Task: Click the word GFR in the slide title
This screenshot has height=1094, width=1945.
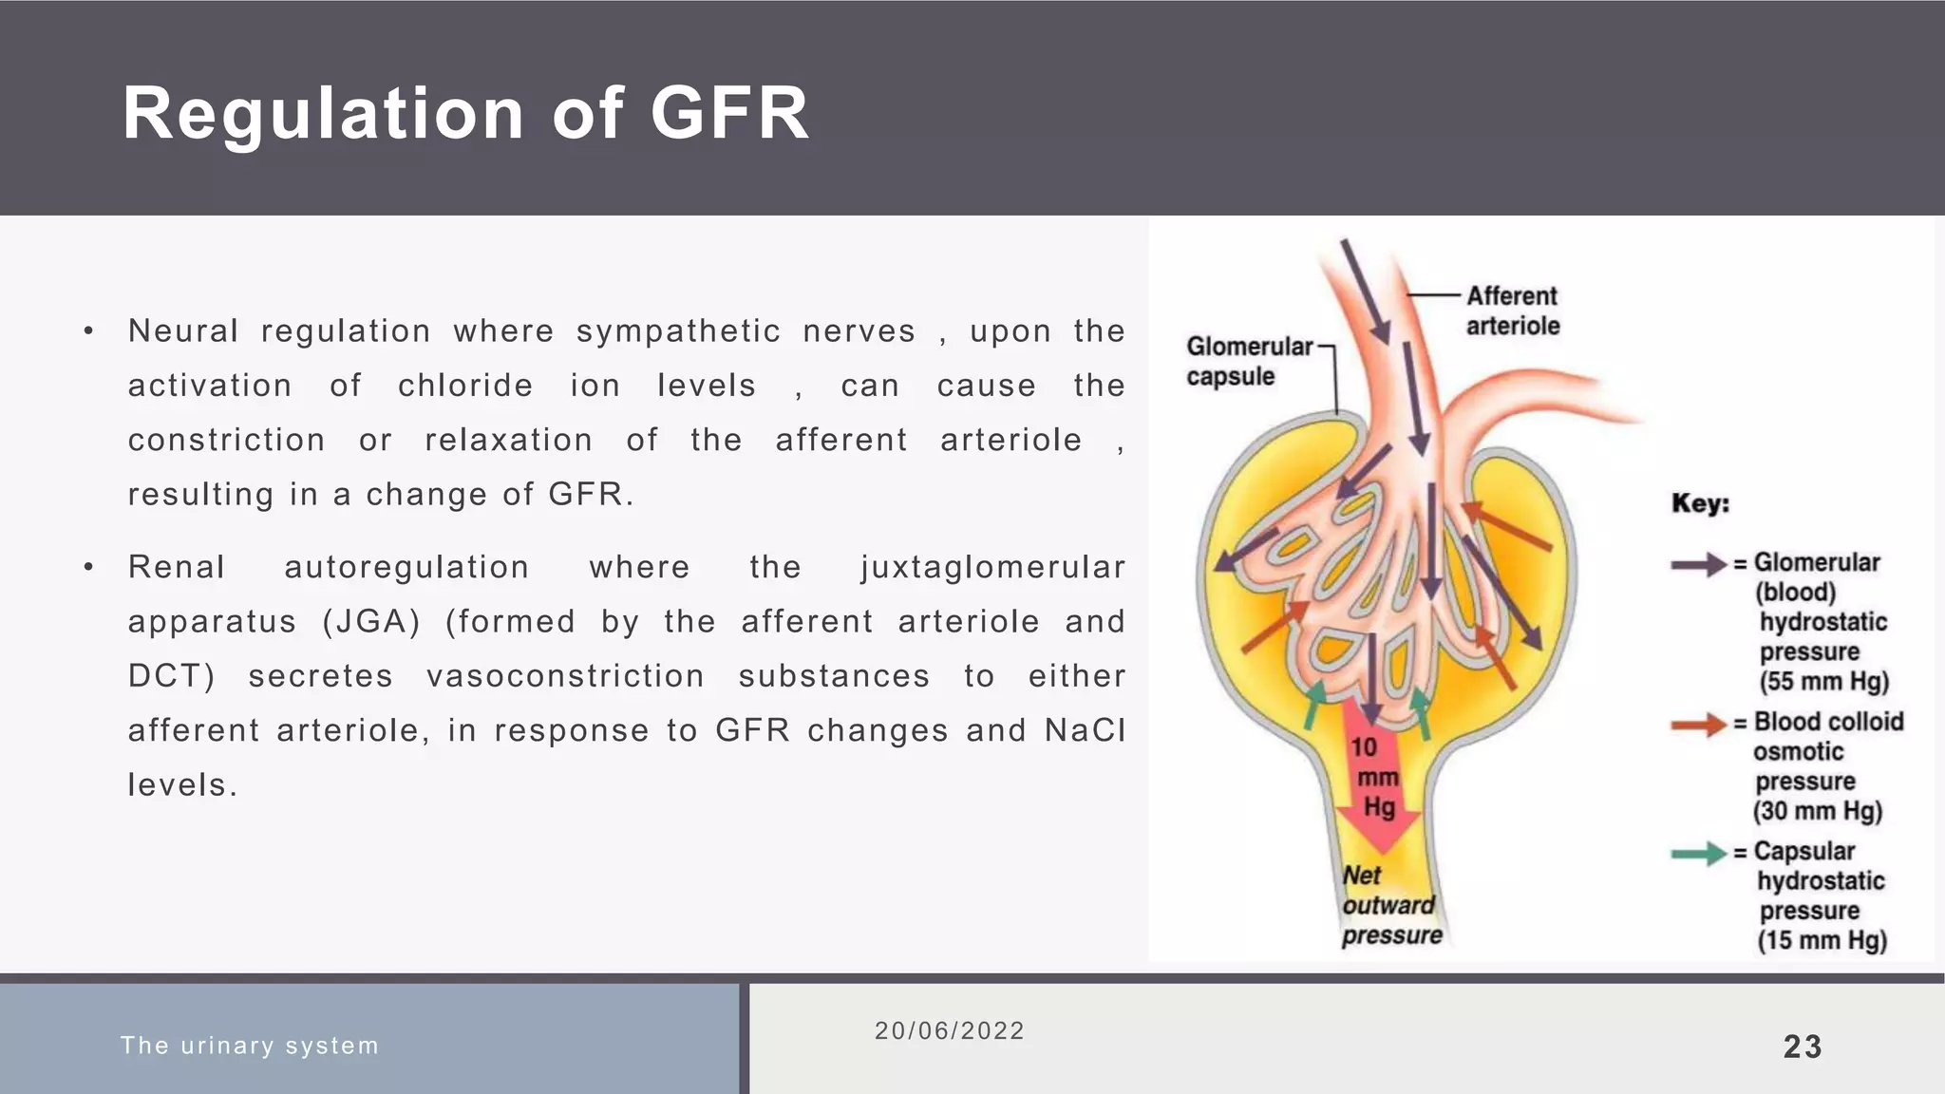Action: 729,114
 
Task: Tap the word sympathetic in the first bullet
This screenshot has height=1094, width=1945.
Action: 678,331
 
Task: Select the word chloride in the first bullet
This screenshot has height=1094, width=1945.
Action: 465,386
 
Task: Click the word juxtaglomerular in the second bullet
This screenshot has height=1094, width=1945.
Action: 992,567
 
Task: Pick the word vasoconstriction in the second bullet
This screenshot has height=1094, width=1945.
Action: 565,676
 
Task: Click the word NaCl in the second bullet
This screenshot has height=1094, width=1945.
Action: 1085,730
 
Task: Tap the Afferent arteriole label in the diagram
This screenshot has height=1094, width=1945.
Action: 1513,311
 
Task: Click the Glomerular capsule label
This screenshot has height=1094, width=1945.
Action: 1248,361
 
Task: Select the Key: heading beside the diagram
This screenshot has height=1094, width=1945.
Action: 1700,503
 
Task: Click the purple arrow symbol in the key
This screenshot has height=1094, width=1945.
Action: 1698,564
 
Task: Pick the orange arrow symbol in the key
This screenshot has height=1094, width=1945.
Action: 1698,725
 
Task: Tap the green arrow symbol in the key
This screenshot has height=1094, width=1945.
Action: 1698,854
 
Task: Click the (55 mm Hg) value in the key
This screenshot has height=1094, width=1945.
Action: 1823,682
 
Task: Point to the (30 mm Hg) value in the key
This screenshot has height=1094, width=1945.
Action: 1817,811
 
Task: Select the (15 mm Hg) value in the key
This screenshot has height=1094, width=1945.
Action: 1822,941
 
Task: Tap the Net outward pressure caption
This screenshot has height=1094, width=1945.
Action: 1390,906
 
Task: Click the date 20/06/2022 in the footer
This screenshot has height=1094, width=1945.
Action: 950,1031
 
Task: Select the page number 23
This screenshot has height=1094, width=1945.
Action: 1803,1047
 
